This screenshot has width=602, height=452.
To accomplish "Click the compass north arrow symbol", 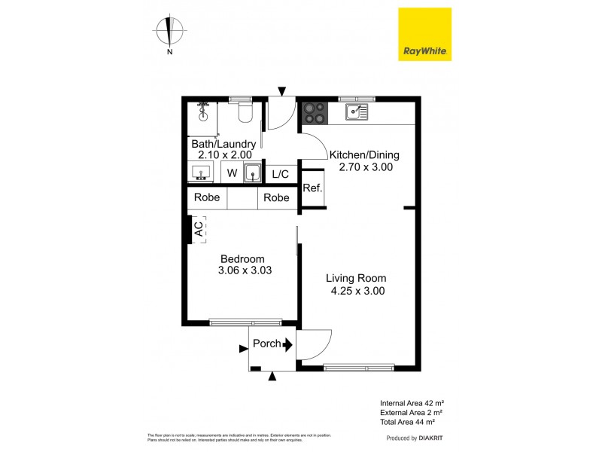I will [x=170, y=31].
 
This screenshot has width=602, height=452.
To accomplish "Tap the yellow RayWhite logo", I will [x=424, y=34].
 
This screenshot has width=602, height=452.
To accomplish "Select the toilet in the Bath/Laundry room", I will [x=245, y=114].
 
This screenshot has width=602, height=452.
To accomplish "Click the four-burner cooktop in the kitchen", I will [x=315, y=113].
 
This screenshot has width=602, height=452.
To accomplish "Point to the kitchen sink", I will [x=356, y=113].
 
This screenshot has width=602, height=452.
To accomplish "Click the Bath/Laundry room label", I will [x=223, y=144].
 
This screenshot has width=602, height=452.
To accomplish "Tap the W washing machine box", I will [x=232, y=173].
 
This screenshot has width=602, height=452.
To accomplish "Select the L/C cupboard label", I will [x=280, y=174].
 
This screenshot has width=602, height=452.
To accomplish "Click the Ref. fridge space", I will [x=312, y=188].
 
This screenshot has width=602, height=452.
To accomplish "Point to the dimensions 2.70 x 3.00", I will [x=363, y=167].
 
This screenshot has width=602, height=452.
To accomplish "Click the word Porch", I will [x=266, y=344].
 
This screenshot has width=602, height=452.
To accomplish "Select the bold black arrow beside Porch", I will [x=288, y=344].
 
